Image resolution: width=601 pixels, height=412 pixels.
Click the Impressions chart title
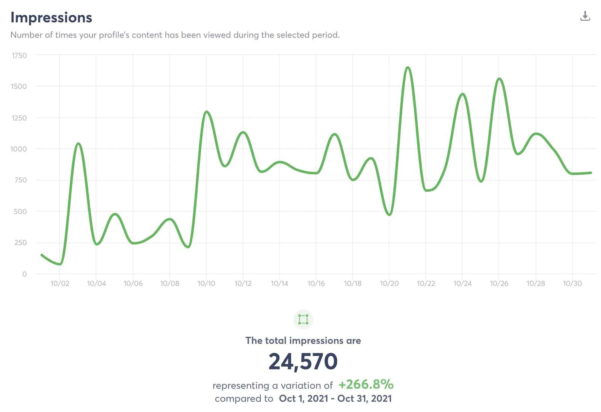51,18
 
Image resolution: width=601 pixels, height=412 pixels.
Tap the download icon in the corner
585,16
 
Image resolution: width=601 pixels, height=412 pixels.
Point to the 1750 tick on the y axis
19,56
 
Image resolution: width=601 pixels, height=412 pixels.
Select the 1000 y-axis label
18,149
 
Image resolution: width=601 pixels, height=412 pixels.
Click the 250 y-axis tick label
20,243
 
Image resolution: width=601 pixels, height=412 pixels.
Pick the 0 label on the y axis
24,274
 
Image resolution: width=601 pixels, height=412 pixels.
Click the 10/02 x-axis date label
60,284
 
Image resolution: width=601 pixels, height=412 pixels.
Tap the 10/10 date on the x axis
206,284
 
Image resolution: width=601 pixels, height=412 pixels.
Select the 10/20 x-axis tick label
389,284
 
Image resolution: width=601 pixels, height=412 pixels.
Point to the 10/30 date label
572,284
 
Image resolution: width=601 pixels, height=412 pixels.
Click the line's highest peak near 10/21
408,68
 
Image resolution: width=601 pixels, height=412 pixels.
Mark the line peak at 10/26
499,79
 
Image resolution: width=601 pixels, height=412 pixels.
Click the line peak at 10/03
78,143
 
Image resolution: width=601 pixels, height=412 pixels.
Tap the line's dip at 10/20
389,214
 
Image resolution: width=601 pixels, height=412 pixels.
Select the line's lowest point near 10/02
60,264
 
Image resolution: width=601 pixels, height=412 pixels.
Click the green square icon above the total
303,320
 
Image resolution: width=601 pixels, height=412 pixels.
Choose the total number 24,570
303,361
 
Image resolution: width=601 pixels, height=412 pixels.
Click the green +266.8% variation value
366,385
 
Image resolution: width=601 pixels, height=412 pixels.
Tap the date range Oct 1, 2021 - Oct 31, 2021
335,398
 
